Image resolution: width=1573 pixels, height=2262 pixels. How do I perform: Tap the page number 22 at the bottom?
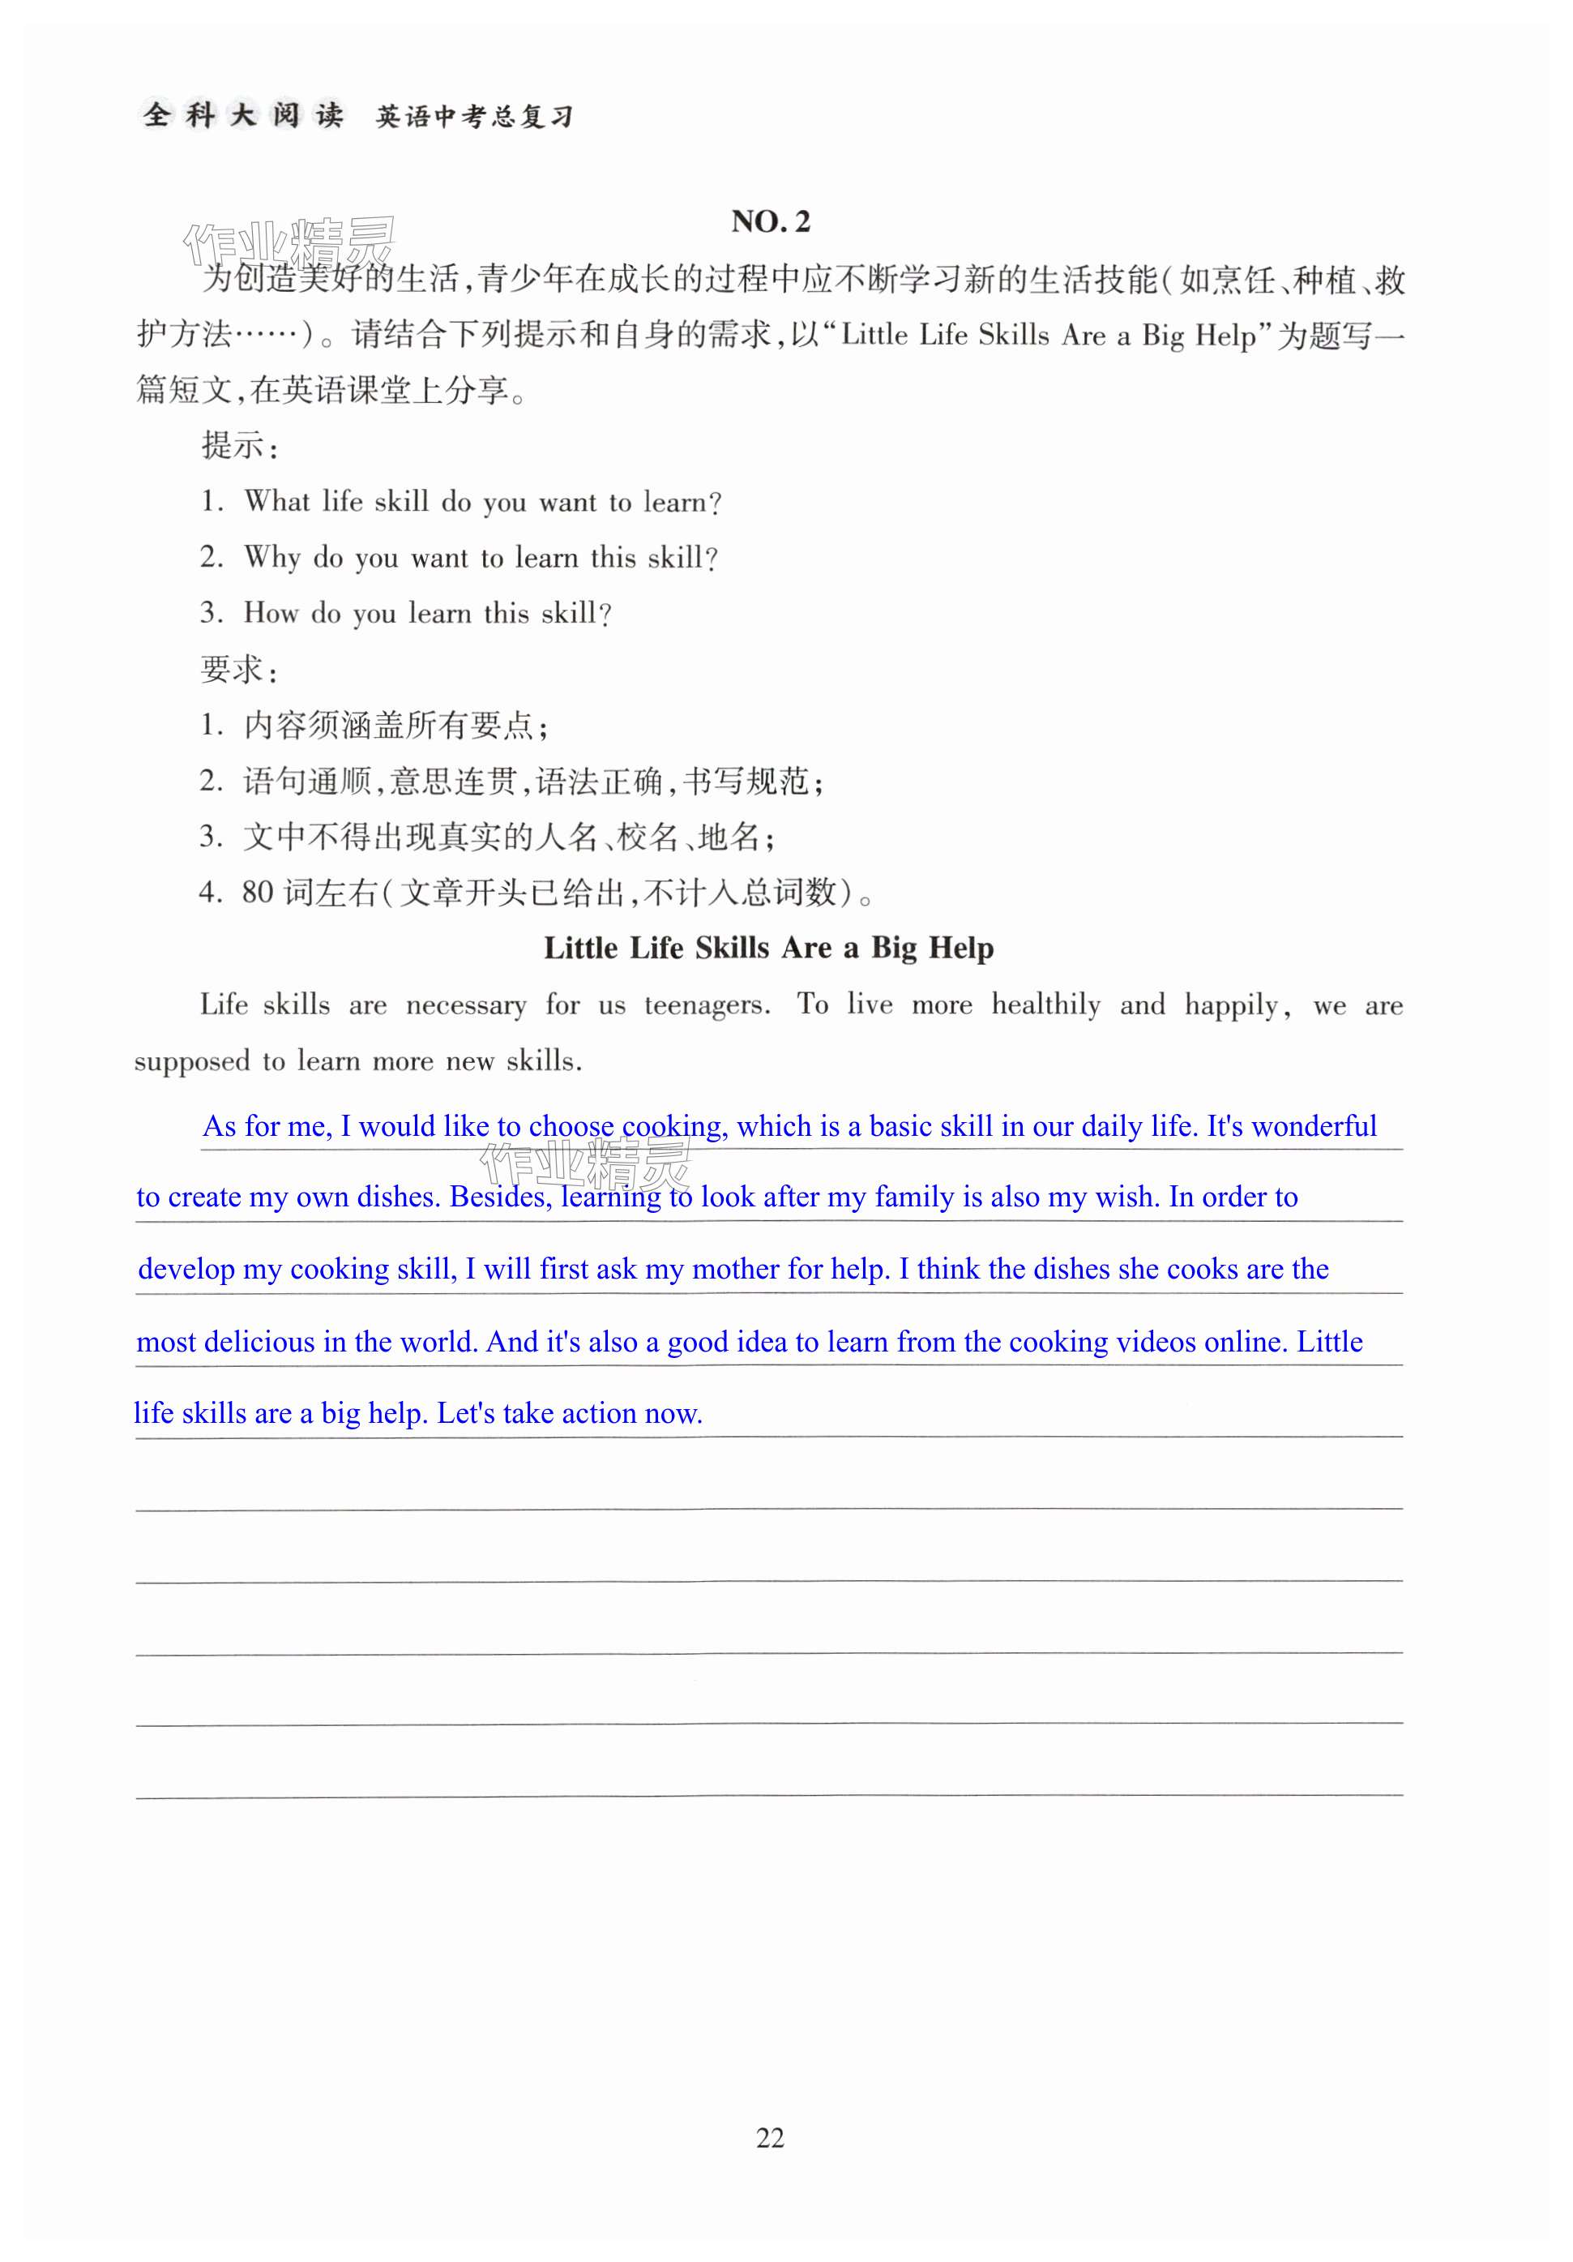click(769, 2137)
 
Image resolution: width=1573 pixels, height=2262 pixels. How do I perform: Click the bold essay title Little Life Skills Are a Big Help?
click(768, 948)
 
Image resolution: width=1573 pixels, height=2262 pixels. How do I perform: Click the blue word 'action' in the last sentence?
click(599, 1414)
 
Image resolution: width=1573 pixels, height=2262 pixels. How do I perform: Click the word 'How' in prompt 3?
click(271, 613)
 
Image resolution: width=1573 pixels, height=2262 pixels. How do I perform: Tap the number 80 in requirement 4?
click(257, 893)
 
